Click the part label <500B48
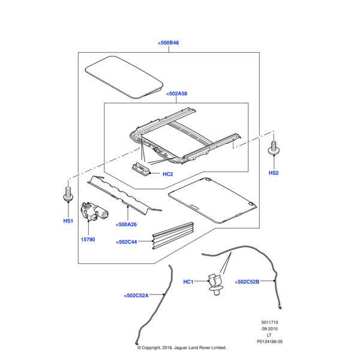(x=169, y=43)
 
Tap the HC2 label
(x=168, y=175)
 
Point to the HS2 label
(x=274, y=173)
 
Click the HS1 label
(x=68, y=221)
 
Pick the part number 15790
(x=89, y=238)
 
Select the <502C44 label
(x=127, y=242)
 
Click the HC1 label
(x=188, y=281)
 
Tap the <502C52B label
(x=247, y=281)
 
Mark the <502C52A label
(x=136, y=295)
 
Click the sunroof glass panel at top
(x=125, y=75)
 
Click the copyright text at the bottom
(x=181, y=347)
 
